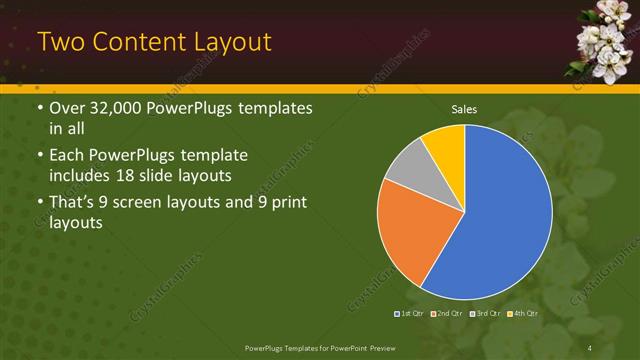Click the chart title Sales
coord(463,108)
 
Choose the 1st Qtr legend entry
coord(409,313)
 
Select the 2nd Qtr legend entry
coord(447,313)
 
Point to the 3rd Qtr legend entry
coord(486,313)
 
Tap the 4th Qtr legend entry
coord(524,313)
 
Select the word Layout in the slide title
coord(228,42)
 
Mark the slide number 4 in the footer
coord(590,347)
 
